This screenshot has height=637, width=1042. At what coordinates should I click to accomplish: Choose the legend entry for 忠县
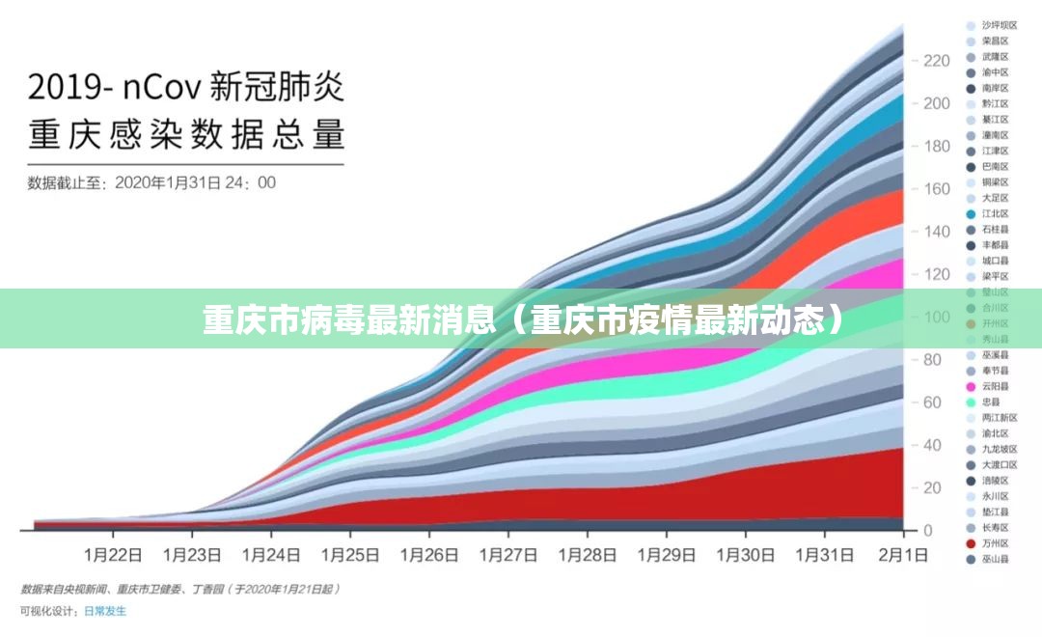click(990, 402)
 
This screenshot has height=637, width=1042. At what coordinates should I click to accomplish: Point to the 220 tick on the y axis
click(936, 61)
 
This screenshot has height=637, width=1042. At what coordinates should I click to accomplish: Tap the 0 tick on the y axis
click(929, 531)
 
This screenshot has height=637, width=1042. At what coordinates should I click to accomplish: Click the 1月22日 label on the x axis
click(114, 555)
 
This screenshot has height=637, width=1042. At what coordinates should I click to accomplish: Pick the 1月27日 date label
click(508, 555)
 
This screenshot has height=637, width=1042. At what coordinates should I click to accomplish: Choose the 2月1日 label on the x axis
click(903, 555)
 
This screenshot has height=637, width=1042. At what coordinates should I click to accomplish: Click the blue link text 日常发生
click(105, 611)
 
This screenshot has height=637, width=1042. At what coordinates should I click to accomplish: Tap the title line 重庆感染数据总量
click(186, 134)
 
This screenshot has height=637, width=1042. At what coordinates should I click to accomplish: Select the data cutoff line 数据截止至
click(151, 182)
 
